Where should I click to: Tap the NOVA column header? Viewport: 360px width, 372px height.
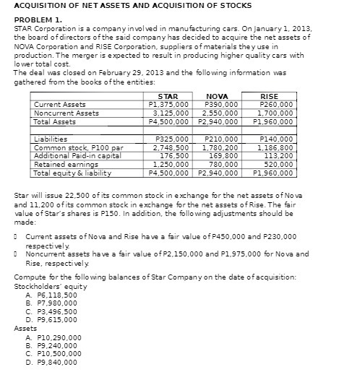(217, 96)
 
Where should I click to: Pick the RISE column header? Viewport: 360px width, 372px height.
(268, 96)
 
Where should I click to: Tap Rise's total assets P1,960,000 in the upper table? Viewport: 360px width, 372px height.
(268, 122)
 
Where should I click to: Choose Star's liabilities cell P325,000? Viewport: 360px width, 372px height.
(172, 139)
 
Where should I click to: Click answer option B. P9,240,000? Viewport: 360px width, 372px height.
(56, 345)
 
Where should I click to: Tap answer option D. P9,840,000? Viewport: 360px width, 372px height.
(56, 363)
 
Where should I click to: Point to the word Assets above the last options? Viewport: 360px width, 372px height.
(25, 328)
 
